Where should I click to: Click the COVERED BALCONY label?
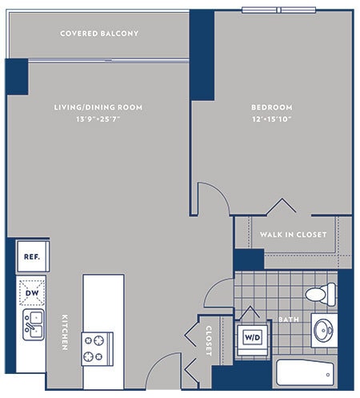click(99, 34)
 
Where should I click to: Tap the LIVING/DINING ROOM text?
click(98, 107)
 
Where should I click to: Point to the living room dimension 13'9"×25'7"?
click(98, 120)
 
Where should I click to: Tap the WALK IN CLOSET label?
click(293, 234)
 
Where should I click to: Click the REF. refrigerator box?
click(34, 258)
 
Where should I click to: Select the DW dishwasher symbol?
click(33, 293)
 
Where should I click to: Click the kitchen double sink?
click(33, 325)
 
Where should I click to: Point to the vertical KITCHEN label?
click(63, 332)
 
